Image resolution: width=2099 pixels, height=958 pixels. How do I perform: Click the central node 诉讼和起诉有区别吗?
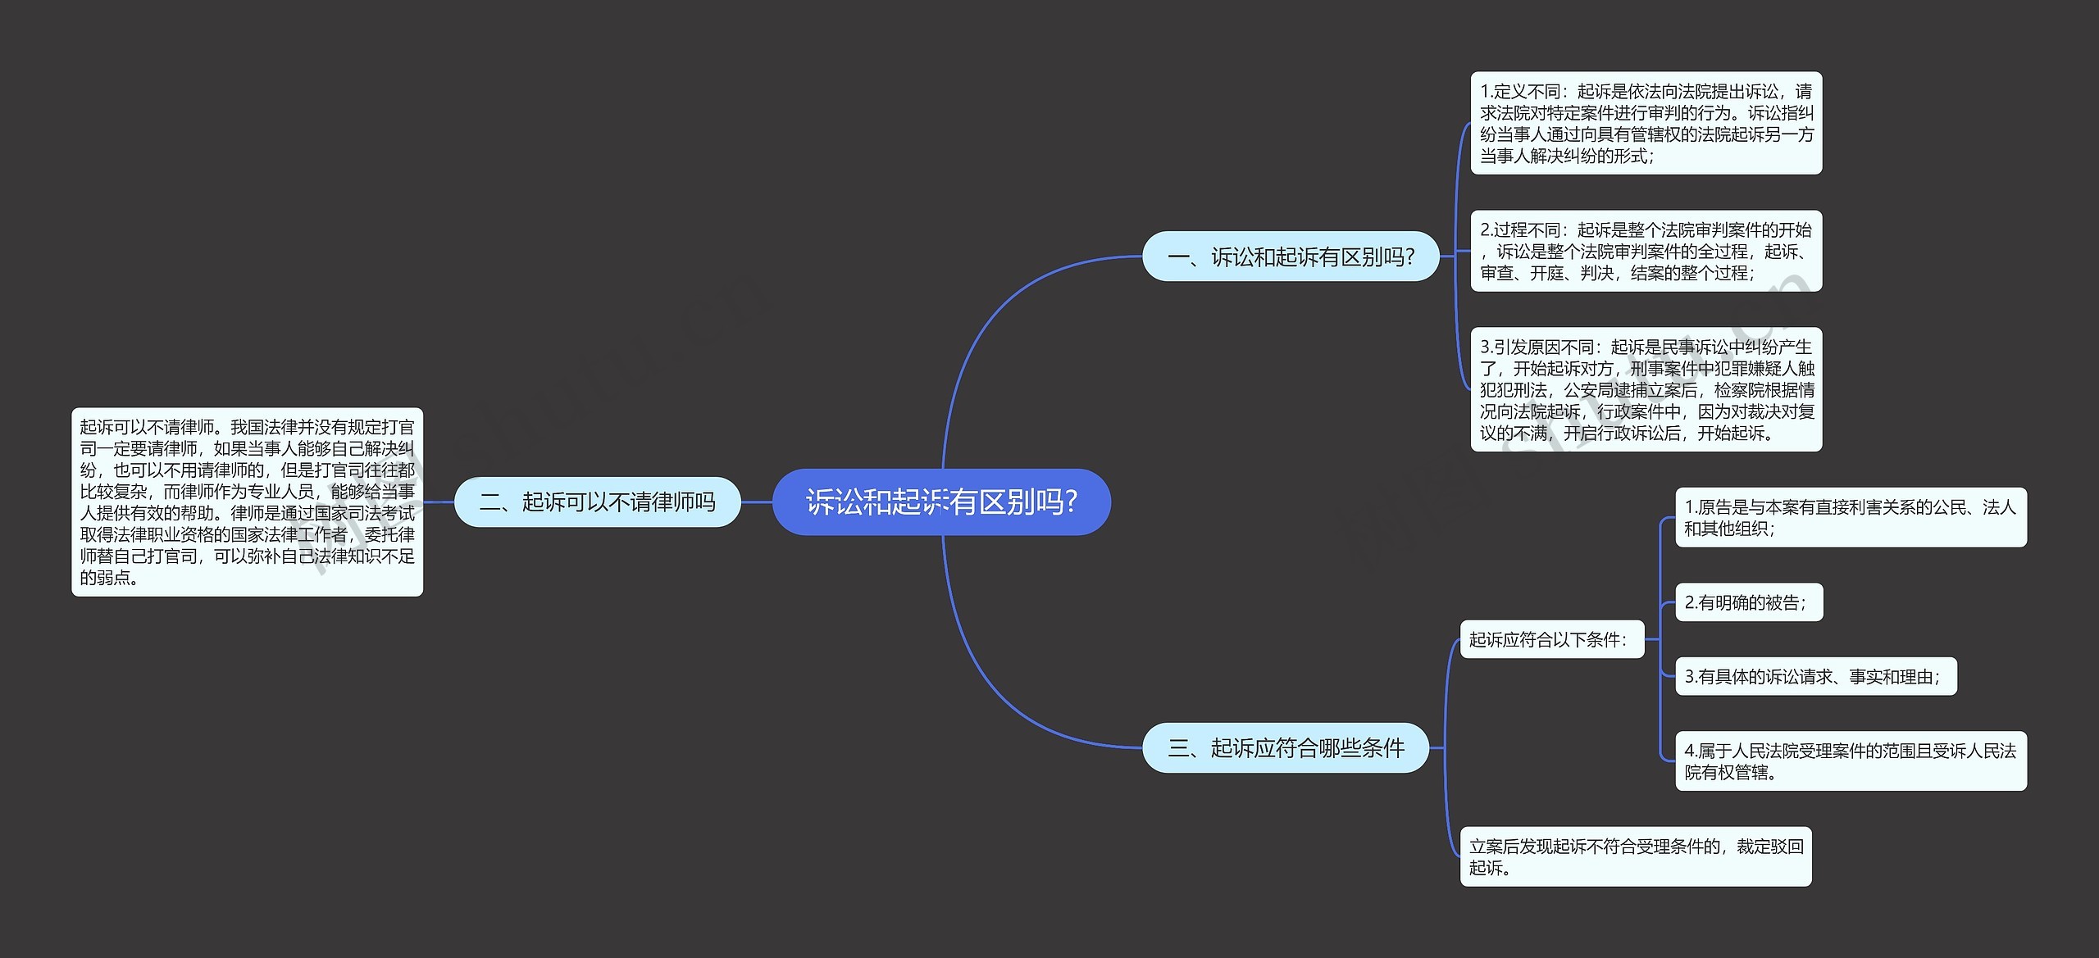[941, 502]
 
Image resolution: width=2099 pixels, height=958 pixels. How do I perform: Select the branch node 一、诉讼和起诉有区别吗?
[1291, 257]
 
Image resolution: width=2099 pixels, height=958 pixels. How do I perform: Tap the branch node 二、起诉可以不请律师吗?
[597, 502]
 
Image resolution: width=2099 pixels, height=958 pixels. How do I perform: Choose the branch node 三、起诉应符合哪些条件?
[1286, 747]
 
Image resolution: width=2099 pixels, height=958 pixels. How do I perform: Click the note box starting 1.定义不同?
[1646, 123]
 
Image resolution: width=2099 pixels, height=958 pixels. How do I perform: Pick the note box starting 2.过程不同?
[1646, 251]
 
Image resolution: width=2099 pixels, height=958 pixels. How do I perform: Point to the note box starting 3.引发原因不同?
[1646, 389]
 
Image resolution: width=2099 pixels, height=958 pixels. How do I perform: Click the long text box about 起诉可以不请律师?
[247, 502]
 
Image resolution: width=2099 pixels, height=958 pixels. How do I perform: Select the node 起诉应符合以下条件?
[1551, 639]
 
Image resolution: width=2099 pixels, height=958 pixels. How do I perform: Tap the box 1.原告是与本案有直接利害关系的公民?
[1850, 517]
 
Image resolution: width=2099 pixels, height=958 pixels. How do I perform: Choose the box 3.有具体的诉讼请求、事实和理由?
[1815, 676]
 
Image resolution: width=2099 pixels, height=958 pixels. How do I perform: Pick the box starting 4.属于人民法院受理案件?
[1850, 760]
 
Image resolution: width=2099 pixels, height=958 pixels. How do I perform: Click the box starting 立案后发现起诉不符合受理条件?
[1635, 856]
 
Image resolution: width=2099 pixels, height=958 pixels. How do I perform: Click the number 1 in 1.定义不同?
[1485, 92]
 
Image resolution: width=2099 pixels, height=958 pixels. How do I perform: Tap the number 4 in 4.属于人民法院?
[1689, 751]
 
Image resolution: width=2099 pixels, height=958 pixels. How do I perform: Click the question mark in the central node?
[1071, 502]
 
